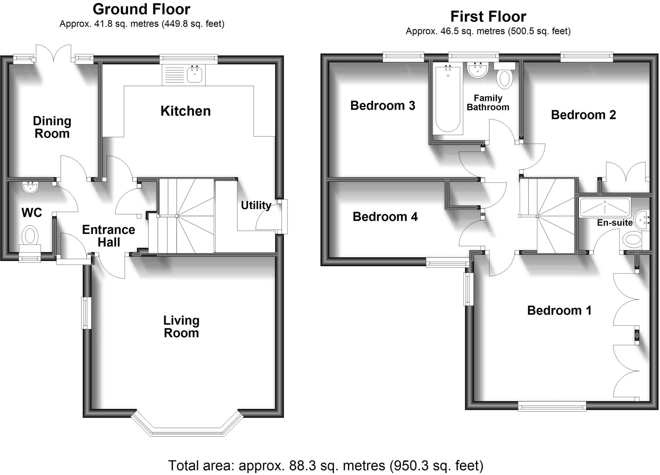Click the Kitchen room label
[186, 111]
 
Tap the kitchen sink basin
[194, 75]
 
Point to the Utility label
[256, 205]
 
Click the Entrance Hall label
[109, 236]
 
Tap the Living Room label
[181, 327]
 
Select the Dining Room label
[52, 127]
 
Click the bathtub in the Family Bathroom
[448, 100]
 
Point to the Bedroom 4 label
[385, 217]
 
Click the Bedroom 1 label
[559, 310]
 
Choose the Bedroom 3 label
[383, 106]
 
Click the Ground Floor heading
[141, 9]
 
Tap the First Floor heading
[488, 16]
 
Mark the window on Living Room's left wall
[85, 313]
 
